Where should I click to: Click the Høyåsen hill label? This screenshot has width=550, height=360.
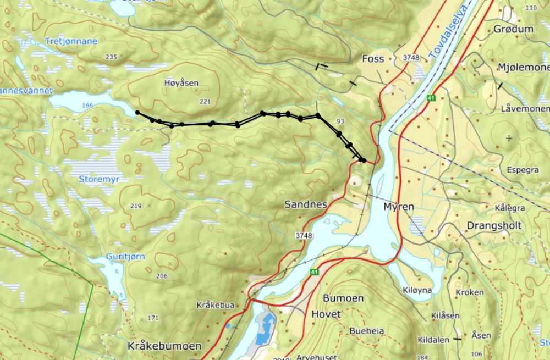pyautogui.click(x=181, y=83)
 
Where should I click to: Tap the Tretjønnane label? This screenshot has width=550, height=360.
pyautogui.click(x=71, y=41)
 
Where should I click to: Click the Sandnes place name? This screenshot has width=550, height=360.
pyautogui.click(x=306, y=204)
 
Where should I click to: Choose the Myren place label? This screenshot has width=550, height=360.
pyautogui.click(x=398, y=206)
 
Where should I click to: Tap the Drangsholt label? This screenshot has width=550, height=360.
pyautogui.click(x=493, y=226)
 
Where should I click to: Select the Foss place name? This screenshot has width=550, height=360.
pyautogui.click(x=372, y=58)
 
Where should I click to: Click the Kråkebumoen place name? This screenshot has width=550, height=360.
pyautogui.click(x=164, y=346)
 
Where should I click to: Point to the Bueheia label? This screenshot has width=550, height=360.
pyautogui.click(x=367, y=331)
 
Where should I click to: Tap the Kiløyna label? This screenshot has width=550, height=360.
pyautogui.click(x=417, y=290)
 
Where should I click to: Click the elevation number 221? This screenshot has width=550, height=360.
pyautogui.click(x=205, y=101)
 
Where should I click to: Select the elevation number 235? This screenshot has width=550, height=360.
pyautogui.click(x=112, y=57)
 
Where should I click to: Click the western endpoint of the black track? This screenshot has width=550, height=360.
pyautogui.click(x=137, y=113)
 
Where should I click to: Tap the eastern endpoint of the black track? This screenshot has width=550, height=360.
pyautogui.click(x=364, y=160)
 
